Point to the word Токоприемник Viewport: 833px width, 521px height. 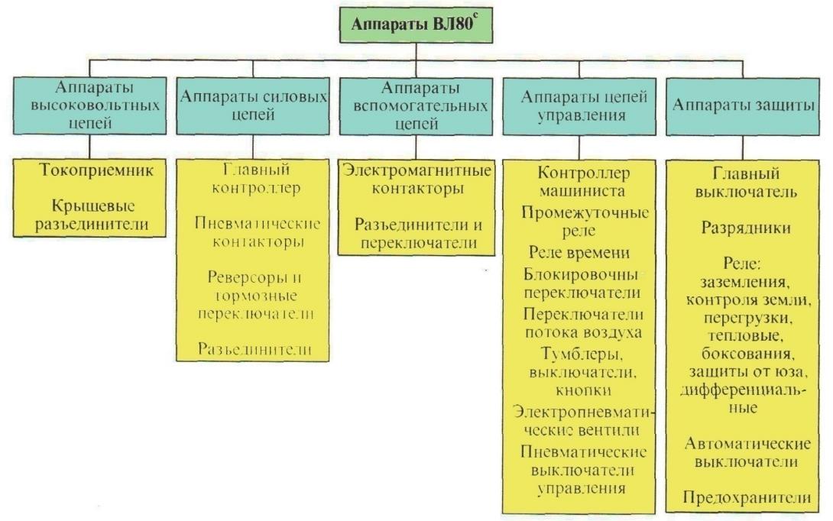[89, 170]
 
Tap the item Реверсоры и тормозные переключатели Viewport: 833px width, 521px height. [252, 295]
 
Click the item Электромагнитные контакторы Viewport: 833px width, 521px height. [415, 179]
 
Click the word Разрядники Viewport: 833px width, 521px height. [747, 228]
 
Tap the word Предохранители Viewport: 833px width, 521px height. [747, 497]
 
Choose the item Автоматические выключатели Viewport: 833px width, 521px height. [747, 452]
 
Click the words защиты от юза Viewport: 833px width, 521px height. [747, 374]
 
